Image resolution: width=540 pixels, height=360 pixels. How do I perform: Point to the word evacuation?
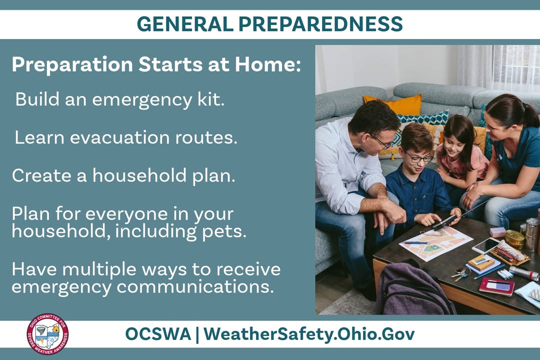point(122,137)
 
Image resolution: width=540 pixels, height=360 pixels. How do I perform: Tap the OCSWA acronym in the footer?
point(157,334)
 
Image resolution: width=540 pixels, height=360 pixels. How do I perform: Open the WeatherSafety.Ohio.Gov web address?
point(309,334)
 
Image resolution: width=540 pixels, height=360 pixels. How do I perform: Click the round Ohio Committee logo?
point(47,334)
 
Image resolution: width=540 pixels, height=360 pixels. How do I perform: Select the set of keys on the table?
point(460,273)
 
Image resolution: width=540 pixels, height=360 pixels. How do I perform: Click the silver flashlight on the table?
point(523,273)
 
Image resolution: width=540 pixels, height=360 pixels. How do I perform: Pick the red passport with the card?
point(496,286)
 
